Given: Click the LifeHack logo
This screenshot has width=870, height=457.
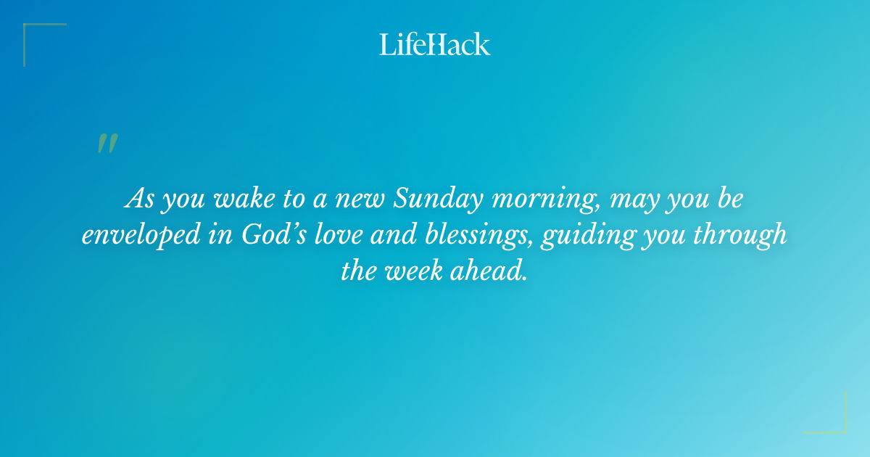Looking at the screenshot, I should pos(434,44).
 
